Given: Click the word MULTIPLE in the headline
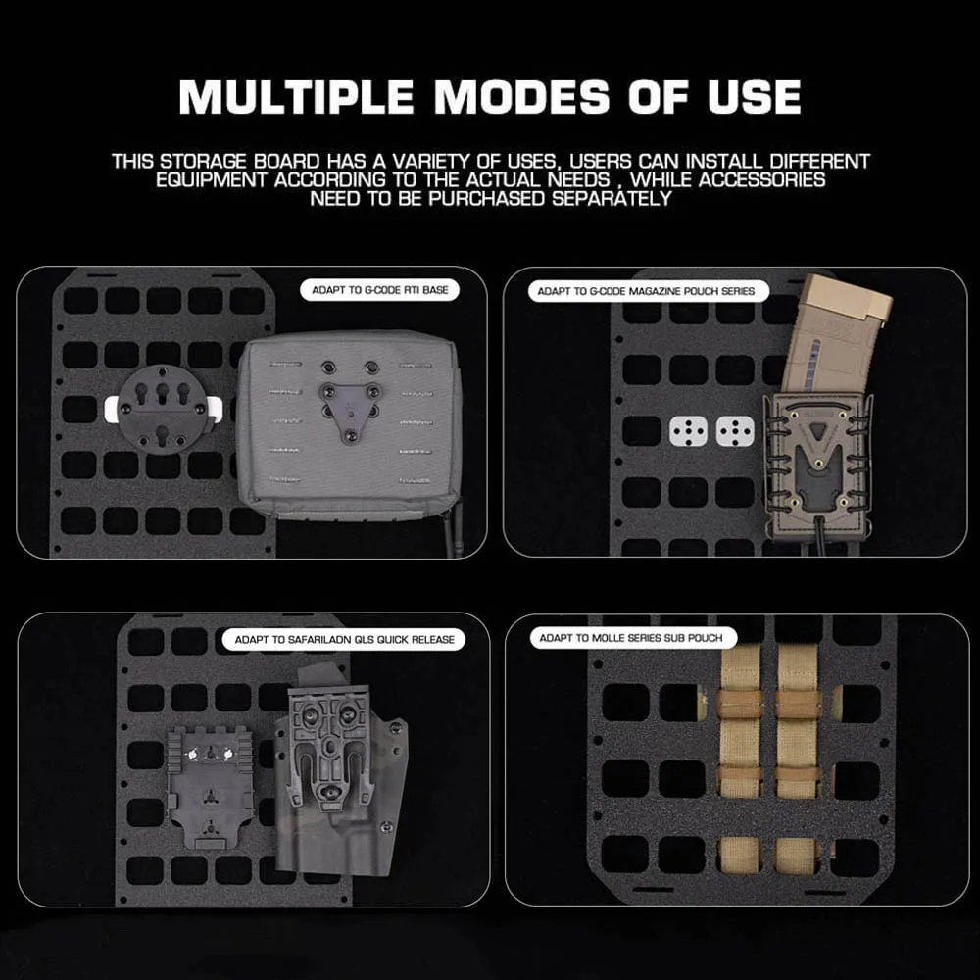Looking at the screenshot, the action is click(296, 97).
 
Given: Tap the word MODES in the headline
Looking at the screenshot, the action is click(522, 97).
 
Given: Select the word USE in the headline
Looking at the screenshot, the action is click(754, 97).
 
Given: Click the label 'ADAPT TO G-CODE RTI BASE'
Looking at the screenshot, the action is click(380, 290).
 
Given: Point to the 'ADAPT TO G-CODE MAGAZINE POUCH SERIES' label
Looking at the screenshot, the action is click(646, 291).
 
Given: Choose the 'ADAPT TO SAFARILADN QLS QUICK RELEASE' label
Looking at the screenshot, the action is click(344, 639).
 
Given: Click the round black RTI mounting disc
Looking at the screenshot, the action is click(163, 410).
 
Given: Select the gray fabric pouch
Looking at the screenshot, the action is click(349, 423).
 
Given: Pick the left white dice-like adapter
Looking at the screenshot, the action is click(688, 431).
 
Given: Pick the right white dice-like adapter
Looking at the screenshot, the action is click(735, 431).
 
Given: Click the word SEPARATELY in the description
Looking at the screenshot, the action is click(611, 199).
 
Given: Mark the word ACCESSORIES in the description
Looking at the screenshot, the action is click(761, 180).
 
